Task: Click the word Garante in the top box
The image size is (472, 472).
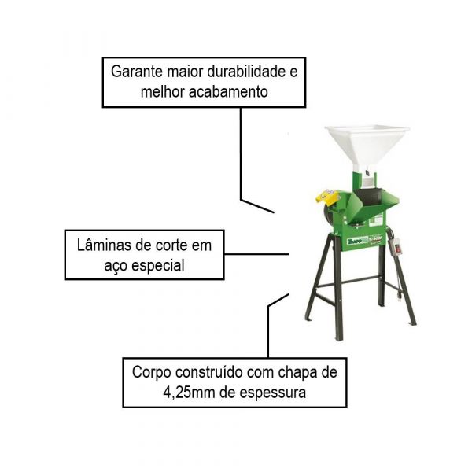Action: [x=137, y=72]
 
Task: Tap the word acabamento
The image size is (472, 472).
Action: [x=228, y=91]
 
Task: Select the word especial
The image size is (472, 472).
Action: [x=158, y=266]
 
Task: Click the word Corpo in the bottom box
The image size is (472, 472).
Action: [x=152, y=373]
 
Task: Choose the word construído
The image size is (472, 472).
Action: [x=209, y=372]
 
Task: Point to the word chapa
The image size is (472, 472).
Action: [x=296, y=373]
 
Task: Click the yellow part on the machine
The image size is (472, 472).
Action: [x=327, y=197]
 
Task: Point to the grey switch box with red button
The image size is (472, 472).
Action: [x=396, y=247]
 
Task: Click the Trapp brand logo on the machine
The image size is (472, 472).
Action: [x=357, y=241]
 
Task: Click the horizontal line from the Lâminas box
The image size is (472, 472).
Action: [x=256, y=254]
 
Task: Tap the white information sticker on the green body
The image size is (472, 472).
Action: [x=377, y=218]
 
